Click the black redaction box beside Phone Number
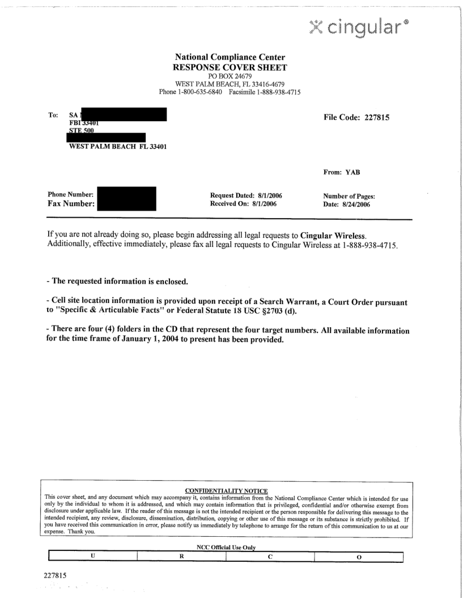(x=126, y=199)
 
